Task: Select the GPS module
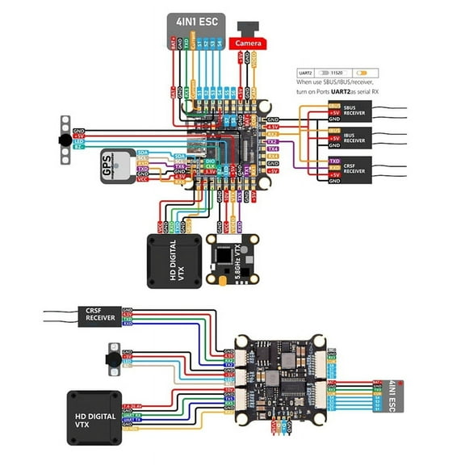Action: click(114, 167)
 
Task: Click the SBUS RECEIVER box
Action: click(353, 113)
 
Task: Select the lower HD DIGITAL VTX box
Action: click(94, 417)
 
